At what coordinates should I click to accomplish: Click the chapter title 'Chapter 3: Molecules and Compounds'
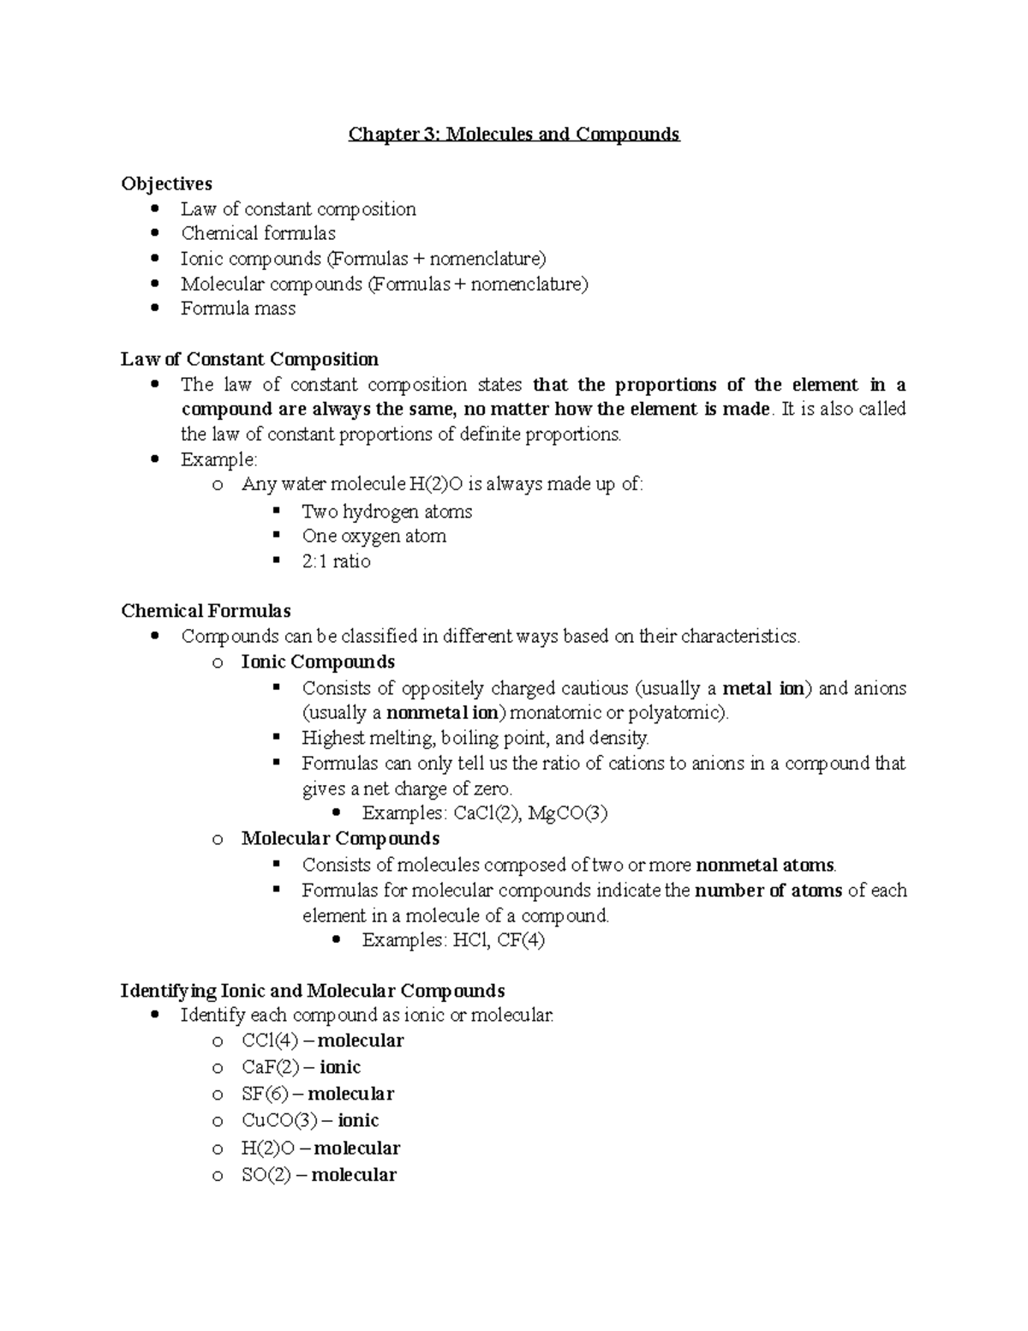click(513, 135)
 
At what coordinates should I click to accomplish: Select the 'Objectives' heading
click(166, 183)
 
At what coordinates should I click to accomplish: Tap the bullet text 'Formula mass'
click(237, 309)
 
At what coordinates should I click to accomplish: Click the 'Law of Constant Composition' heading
click(249, 359)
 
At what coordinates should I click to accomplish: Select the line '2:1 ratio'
click(336, 561)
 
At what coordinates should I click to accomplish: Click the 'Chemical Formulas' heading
click(206, 611)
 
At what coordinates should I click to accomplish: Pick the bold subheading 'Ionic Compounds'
click(318, 662)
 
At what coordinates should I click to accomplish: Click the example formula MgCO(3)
click(567, 813)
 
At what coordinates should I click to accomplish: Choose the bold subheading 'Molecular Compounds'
click(340, 838)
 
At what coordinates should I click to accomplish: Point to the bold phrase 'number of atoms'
click(768, 890)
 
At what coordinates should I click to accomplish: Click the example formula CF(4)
click(521, 940)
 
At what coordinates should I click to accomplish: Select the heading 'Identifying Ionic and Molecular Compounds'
click(313, 991)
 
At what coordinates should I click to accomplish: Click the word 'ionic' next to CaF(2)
click(340, 1067)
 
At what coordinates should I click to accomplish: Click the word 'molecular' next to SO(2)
click(354, 1175)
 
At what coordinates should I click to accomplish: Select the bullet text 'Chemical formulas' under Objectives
click(258, 234)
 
